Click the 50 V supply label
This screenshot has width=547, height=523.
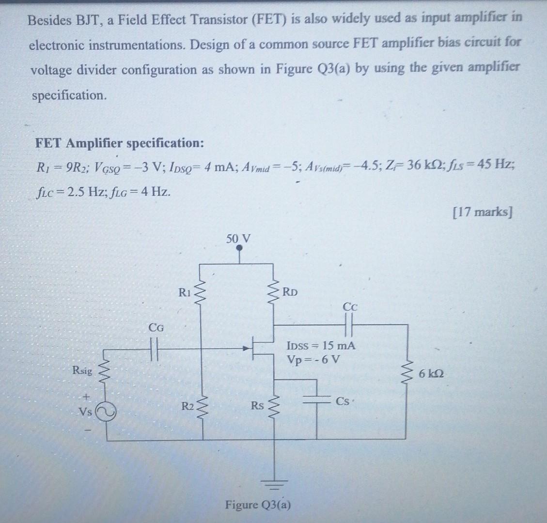coord(238,239)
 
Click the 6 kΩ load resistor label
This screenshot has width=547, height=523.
coord(431,374)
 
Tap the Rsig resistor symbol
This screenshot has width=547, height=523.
coord(106,372)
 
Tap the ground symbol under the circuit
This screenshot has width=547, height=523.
coord(275,482)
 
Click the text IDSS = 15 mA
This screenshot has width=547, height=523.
coord(321,346)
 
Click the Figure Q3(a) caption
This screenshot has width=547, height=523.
coord(258,505)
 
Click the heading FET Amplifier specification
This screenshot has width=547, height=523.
coord(119,143)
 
